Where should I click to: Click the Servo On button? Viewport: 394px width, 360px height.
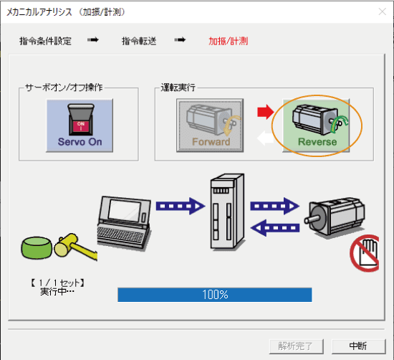click(80, 125)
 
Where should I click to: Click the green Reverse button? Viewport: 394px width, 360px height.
click(316, 125)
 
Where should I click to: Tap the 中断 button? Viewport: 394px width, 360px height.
click(359, 346)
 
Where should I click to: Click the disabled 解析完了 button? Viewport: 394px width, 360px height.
click(296, 346)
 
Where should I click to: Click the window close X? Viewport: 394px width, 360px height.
click(383, 11)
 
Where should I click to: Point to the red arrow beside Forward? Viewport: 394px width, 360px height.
click(266, 112)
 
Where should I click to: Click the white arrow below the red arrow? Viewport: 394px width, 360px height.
click(265, 138)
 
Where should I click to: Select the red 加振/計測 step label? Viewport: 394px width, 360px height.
click(228, 41)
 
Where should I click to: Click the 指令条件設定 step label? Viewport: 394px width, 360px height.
click(45, 41)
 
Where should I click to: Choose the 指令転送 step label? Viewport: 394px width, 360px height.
click(139, 41)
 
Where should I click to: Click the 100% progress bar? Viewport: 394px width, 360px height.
click(215, 295)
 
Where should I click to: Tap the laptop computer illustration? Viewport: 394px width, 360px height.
click(124, 223)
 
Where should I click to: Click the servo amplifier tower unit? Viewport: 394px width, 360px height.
click(227, 212)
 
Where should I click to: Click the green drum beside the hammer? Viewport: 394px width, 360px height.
click(37, 247)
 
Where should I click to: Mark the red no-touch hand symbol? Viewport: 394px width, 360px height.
click(365, 253)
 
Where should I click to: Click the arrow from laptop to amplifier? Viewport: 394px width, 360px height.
click(181, 206)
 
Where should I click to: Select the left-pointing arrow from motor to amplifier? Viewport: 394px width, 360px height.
click(275, 228)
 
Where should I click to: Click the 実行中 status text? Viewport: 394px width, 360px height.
click(57, 292)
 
